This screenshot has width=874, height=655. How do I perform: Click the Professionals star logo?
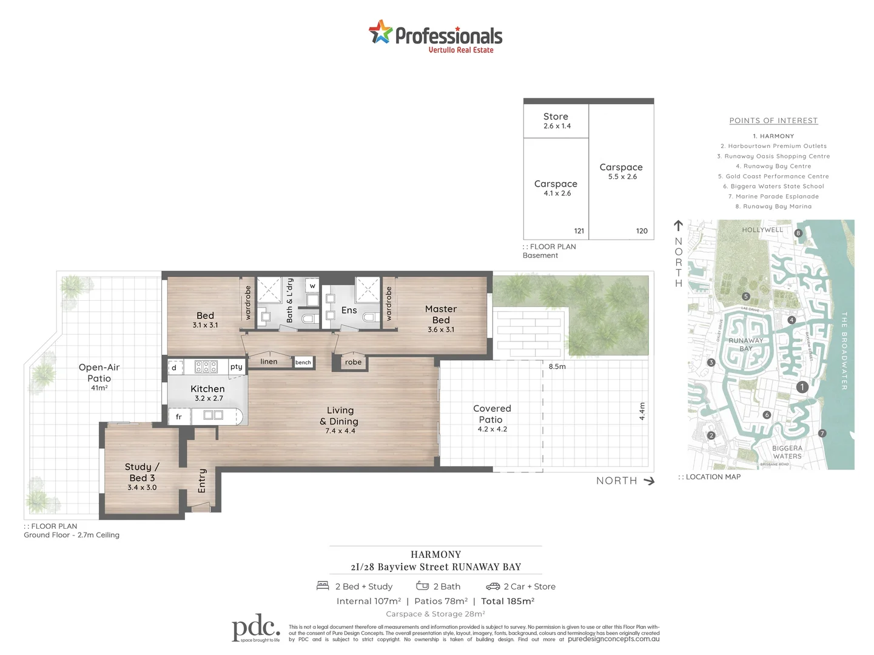[380, 32]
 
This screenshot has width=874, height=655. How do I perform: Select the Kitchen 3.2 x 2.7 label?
[208, 392]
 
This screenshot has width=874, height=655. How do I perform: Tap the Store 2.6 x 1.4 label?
[556, 120]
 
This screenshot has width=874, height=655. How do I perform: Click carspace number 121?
[579, 231]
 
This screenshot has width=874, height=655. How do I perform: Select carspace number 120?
[642, 231]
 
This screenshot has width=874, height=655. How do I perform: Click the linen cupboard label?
[269, 361]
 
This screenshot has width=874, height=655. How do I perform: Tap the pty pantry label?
[236, 367]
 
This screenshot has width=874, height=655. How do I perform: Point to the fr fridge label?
[178, 417]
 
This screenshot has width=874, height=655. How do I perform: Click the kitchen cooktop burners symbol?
[206, 367]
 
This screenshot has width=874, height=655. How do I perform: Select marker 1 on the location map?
[802, 387]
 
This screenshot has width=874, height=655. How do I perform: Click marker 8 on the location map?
[798, 233]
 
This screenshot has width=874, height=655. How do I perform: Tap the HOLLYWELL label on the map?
[762, 230]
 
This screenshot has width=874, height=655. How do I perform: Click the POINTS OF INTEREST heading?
[773, 121]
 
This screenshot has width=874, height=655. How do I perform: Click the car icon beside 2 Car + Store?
[492, 586]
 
